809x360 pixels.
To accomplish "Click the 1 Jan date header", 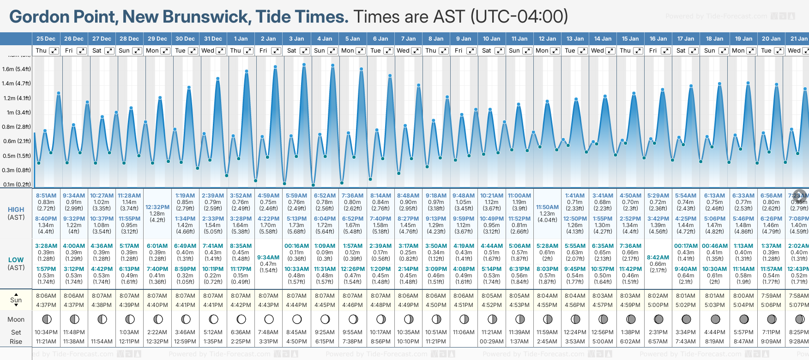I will (x=241, y=39).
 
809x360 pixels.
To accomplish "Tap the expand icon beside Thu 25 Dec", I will (x=54, y=51).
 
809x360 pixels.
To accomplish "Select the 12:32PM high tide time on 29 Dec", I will (x=157, y=207).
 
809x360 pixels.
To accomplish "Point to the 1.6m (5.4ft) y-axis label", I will (x=17, y=69).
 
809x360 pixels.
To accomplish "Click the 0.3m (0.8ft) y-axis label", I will (x=17, y=170).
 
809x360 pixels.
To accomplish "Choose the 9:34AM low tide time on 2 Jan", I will (x=268, y=258).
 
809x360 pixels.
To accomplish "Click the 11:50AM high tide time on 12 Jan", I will (x=547, y=207).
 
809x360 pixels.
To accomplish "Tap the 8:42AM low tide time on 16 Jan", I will (x=658, y=258).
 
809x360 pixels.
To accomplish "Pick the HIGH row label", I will (x=16, y=210).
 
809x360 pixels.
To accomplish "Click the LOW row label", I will (x=16, y=260).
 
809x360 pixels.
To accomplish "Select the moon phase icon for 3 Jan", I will (x=297, y=319).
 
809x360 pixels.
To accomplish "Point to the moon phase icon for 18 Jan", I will (x=715, y=319).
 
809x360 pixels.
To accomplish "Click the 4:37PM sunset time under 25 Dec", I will (x=46, y=305).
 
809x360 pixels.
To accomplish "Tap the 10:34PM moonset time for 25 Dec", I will (x=46, y=332).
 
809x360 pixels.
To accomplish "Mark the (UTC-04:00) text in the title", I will (x=519, y=17).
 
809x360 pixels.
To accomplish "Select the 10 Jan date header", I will (x=491, y=39).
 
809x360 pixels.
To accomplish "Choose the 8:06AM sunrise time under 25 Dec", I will (x=46, y=296).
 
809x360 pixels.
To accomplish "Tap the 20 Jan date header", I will (x=771, y=39).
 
